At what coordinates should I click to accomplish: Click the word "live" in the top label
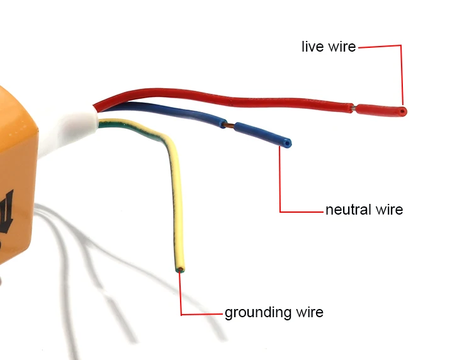[x=312, y=47]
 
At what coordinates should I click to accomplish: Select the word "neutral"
[x=348, y=210]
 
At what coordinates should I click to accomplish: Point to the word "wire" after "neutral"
[x=388, y=210]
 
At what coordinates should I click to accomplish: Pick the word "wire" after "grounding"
[x=308, y=312]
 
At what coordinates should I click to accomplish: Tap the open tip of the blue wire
[x=287, y=143]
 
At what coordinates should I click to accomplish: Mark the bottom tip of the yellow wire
[x=181, y=270]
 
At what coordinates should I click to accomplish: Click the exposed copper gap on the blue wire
[x=229, y=126]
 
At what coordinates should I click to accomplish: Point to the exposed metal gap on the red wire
[x=354, y=108]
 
